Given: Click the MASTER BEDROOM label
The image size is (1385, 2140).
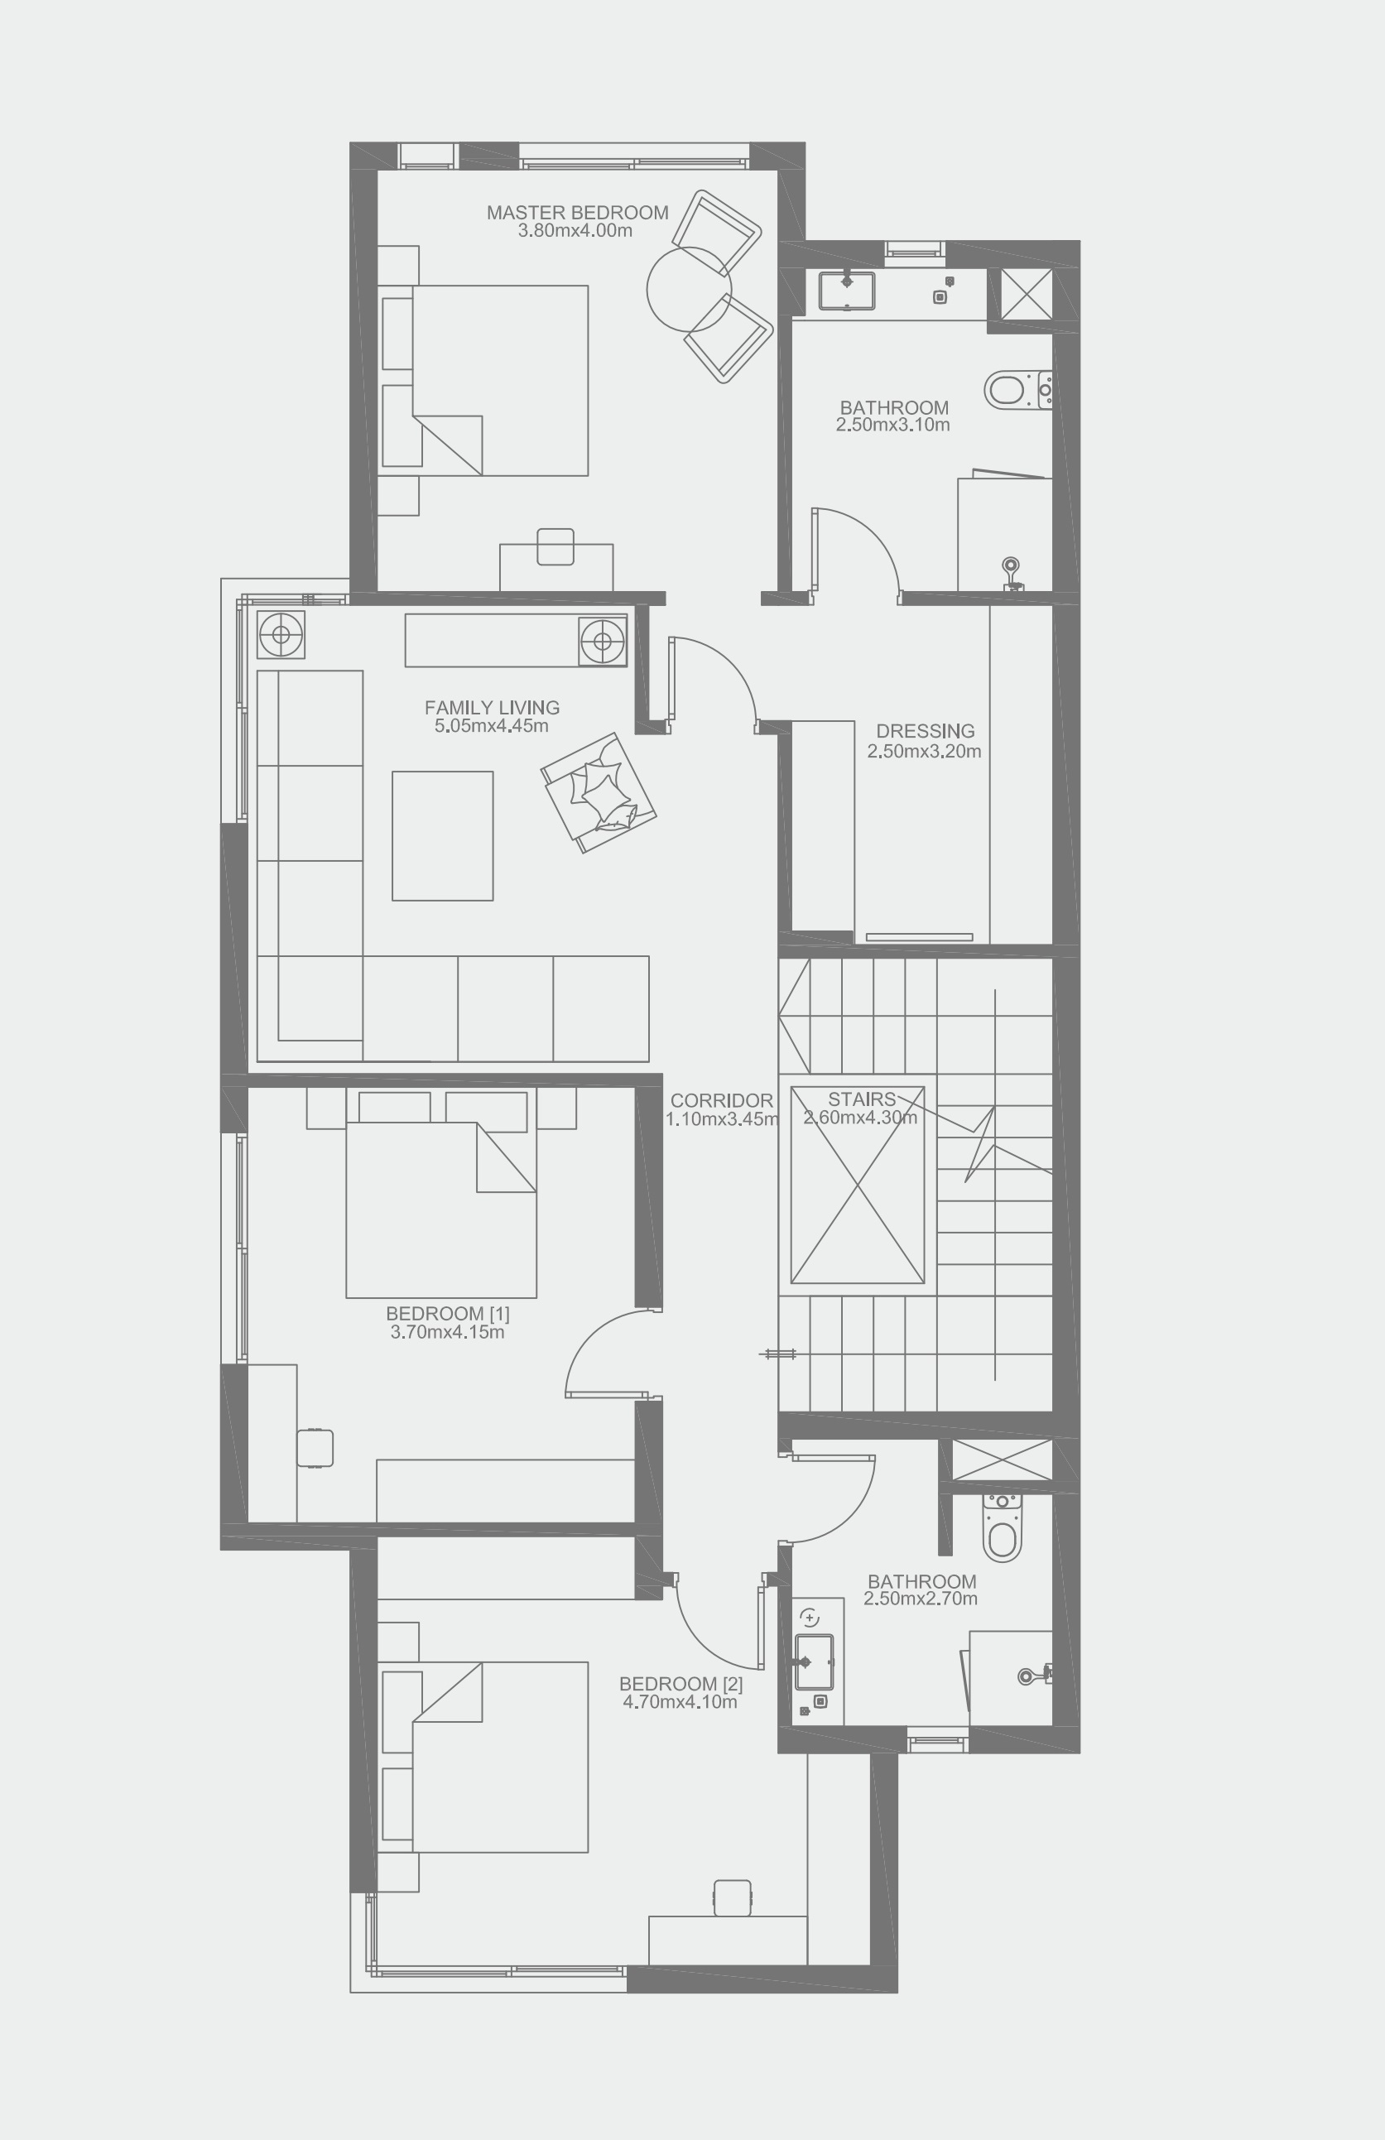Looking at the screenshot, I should click(577, 213).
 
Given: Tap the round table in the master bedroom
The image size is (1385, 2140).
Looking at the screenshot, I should click(689, 289).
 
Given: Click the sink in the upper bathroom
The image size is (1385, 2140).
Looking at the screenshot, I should click(846, 290).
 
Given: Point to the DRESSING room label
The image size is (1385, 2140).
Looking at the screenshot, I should click(925, 731).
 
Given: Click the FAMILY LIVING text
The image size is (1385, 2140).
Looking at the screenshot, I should click(492, 708).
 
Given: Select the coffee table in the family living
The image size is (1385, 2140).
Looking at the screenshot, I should click(442, 835).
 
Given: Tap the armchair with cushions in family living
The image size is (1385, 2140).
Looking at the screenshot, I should click(598, 792).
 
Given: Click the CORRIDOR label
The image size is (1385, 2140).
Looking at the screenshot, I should click(721, 1100).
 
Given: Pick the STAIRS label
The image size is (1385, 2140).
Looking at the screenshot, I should click(862, 1099).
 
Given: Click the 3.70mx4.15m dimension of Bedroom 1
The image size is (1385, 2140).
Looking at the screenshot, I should click(447, 1333).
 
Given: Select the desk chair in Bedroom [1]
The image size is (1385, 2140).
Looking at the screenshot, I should click(315, 1448).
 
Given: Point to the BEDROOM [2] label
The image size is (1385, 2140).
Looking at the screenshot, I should click(680, 1684).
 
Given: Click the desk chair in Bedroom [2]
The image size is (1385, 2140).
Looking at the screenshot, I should click(732, 1897).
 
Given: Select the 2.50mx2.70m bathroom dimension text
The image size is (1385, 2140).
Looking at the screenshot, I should click(920, 1599).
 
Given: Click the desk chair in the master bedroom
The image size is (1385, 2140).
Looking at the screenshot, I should click(555, 546).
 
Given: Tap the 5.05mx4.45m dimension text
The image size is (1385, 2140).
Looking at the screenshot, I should click(491, 726).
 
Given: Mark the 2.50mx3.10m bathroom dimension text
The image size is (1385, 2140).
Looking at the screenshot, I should click(892, 426).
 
